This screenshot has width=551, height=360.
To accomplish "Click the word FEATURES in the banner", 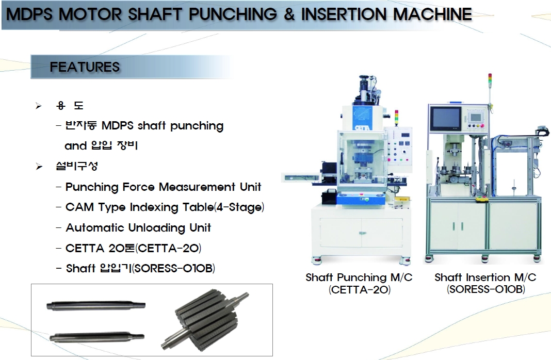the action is pos(85,67).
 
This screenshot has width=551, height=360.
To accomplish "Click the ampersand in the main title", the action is pos(289,14).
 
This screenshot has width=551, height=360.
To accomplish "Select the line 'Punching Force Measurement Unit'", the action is pos(163,187).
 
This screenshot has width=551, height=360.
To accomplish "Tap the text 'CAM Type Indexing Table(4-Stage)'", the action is pos(165,207).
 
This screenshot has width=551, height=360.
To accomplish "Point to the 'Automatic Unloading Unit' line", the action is pos(138,227).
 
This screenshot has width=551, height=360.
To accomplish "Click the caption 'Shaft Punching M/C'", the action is pos(359,277).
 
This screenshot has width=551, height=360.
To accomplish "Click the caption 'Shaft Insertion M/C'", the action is pos(485,277).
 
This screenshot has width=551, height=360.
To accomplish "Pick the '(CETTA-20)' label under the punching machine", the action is pos(360,290).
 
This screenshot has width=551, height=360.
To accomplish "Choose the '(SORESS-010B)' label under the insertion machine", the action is pos(486,289).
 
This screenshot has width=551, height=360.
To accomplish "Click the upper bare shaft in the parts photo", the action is pos(96,305).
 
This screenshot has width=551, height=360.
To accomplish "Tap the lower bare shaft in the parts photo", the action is pos(96,337).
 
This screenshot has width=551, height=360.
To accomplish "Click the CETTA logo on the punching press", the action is pos(362,128).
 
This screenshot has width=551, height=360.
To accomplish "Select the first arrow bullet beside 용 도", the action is pos(39,106).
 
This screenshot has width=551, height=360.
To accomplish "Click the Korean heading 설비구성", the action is pos(76,166).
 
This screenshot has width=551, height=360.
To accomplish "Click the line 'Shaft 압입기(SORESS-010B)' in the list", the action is pos(140,268).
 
